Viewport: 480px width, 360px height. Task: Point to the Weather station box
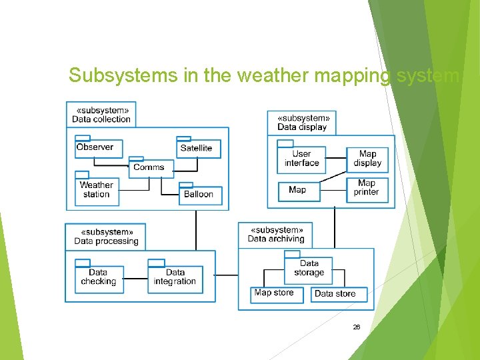tap(97, 190)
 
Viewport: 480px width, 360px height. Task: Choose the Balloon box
tap(199, 195)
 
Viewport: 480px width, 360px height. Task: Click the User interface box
tap(302, 159)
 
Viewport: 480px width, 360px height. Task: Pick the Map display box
tap(367, 159)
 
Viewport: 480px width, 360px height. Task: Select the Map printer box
tap(367, 189)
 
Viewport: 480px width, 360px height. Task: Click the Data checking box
tap(98, 277)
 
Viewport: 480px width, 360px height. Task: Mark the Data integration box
tap(175, 277)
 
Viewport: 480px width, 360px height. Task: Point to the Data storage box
tap(309, 268)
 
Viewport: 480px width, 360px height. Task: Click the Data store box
tap(337, 294)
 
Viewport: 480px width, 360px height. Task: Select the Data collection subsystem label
tap(101, 115)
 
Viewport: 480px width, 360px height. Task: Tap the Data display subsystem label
tap(303, 123)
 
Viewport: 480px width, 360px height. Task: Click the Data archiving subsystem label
tap(276, 234)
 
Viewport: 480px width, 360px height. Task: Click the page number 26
tap(356, 327)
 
